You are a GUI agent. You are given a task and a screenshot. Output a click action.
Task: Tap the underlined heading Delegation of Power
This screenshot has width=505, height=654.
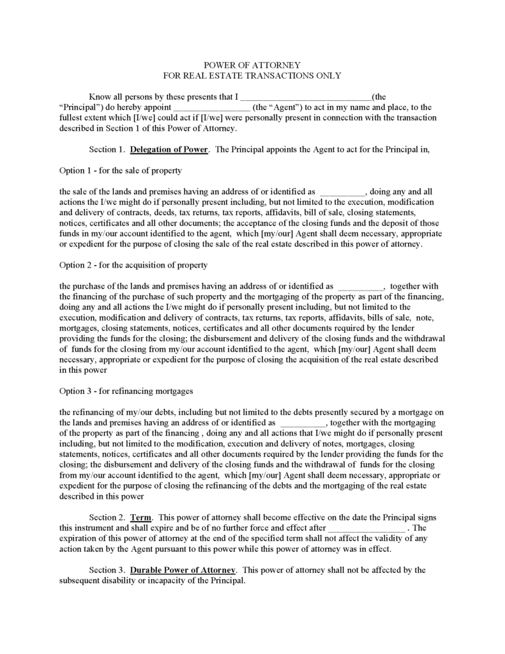click(x=169, y=149)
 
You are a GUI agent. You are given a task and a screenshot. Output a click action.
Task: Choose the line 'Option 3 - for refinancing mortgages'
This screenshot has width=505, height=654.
click(x=126, y=390)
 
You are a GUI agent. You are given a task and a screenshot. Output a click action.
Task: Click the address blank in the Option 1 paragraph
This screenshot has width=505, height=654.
click(x=342, y=191)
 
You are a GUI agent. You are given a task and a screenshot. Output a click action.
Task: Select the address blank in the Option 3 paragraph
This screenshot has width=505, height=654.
click(x=303, y=422)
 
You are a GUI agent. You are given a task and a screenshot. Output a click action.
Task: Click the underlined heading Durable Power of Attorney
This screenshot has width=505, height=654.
click(x=183, y=569)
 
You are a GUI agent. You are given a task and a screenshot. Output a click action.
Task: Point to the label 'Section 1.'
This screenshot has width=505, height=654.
click(x=107, y=149)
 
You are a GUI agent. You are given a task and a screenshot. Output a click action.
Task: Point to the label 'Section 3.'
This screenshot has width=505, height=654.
click(x=107, y=569)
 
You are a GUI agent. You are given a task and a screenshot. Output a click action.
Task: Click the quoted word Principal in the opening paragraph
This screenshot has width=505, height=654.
click(x=80, y=108)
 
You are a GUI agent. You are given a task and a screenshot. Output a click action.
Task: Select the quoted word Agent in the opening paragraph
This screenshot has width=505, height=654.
click(x=281, y=108)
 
